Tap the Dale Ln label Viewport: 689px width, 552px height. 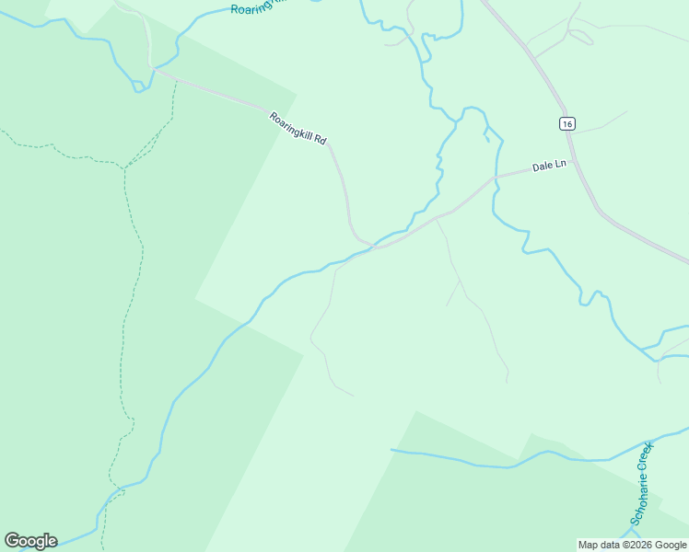(548, 167)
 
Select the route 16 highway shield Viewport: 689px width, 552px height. (566, 123)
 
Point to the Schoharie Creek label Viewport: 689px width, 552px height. (641, 482)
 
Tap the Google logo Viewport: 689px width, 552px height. (30, 541)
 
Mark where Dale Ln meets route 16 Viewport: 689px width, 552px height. (572, 163)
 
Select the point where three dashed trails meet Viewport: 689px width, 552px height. (125, 167)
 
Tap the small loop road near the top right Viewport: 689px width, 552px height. (580, 37)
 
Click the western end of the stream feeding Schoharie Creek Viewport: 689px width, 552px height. (392, 450)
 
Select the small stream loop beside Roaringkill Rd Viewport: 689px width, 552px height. (140, 87)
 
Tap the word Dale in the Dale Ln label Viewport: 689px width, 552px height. (542, 167)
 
